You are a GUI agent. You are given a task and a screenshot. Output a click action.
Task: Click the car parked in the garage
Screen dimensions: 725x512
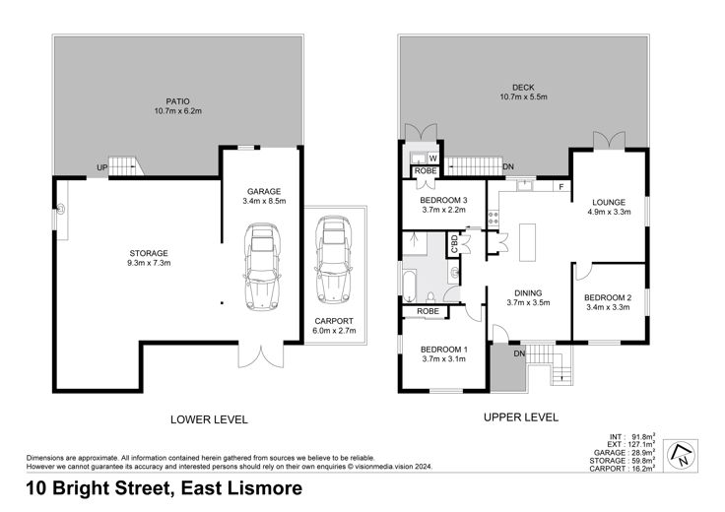coord(262,267)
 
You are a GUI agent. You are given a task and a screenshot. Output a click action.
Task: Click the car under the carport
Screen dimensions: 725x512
coord(333,259)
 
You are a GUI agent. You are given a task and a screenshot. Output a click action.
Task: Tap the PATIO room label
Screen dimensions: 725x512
coord(178,101)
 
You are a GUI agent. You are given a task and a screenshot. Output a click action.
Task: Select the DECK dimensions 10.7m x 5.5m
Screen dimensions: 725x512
coord(523,97)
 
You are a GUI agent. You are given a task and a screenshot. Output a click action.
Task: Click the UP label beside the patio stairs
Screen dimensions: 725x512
coord(102,167)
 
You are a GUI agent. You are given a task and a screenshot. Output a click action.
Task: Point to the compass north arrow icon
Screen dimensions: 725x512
coord(681,455)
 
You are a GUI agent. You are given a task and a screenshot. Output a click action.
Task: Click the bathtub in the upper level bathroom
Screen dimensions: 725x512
coord(410,286)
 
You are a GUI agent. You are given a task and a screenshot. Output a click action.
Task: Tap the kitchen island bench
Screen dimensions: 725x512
coord(527,242)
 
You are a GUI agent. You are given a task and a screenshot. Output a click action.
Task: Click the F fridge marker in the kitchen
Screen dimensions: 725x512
coord(561,187)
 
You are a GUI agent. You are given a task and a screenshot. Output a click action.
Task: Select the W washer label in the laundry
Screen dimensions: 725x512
coord(433,159)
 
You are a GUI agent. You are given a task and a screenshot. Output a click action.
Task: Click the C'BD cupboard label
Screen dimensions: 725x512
coord(454,244)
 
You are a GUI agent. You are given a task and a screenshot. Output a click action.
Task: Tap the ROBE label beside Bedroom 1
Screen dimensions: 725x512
coord(428,311)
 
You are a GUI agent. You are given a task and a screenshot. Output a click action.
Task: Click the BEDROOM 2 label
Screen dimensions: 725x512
coord(608,298)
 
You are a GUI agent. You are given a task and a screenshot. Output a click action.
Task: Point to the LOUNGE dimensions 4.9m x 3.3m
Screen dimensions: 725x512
coord(609,212)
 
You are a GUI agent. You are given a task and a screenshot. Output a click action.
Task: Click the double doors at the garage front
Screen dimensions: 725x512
coord(261,355)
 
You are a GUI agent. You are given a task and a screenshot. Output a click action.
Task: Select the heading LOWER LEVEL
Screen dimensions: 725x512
coord(209,419)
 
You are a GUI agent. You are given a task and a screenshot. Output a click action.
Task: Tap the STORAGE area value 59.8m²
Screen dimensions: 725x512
coord(642,461)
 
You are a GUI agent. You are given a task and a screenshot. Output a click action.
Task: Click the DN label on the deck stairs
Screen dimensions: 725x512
coord(508,166)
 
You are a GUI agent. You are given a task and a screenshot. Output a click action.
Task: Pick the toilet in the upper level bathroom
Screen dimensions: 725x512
coord(430,295)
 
